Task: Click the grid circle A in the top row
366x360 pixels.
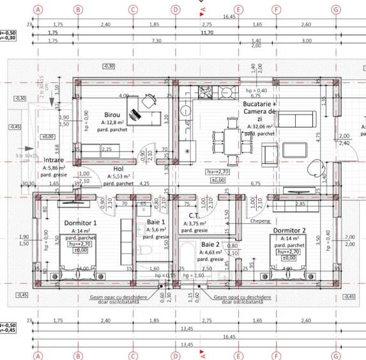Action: point(38,10)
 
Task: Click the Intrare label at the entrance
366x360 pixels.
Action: point(54,160)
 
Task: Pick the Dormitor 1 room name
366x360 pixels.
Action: point(80,222)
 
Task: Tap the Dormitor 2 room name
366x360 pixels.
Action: point(289,230)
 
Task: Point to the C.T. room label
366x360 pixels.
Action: point(195,216)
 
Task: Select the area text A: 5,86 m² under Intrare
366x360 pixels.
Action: point(54,167)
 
